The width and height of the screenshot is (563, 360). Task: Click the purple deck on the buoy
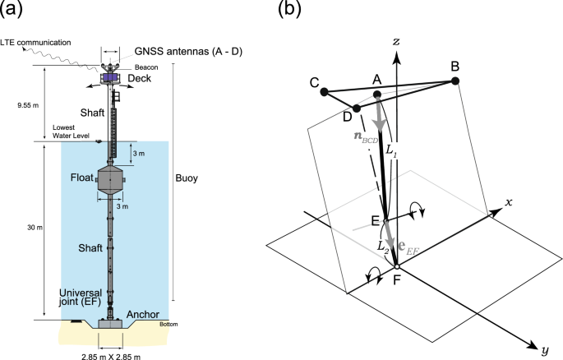click(x=110, y=77)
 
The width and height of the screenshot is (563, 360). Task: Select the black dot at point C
click(x=325, y=91)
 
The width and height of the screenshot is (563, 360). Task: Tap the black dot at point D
click(x=357, y=108)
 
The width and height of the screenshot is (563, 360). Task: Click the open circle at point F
click(x=396, y=266)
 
